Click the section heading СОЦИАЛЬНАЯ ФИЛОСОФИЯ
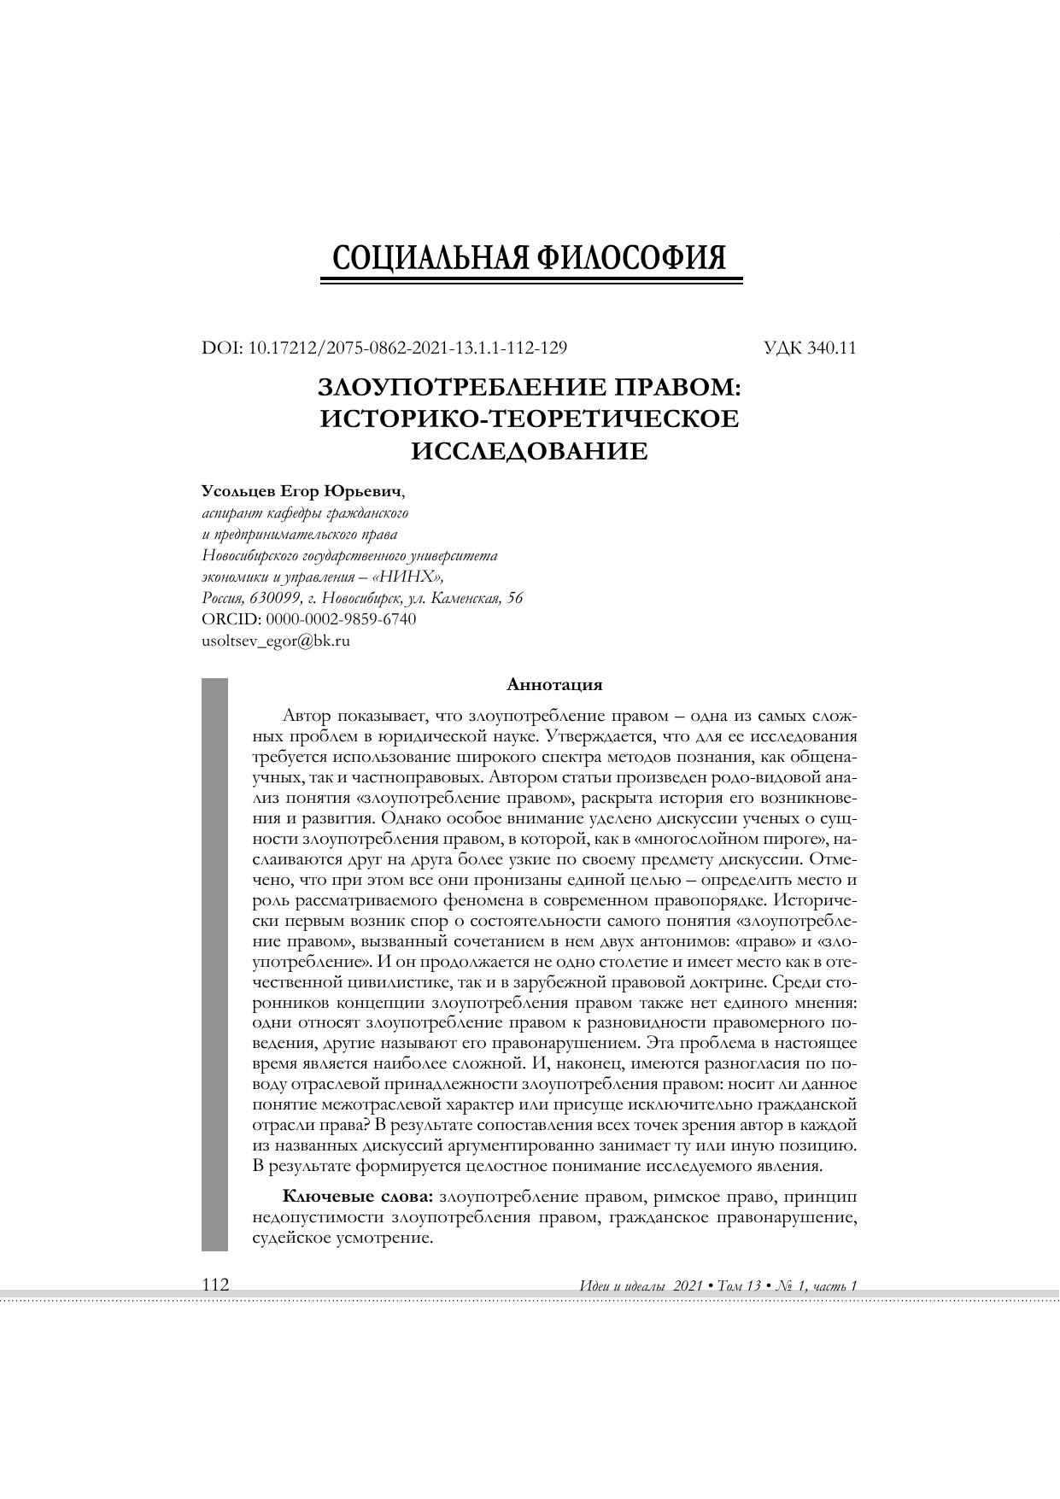click(x=530, y=257)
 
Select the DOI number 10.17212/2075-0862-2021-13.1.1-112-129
click(x=407, y=348)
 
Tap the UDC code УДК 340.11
click(x=810, y=348)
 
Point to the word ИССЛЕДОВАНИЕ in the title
click(x=530, y=451)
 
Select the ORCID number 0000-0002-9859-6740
click(x=342, y=619)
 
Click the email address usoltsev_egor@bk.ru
click(x=276, y=641)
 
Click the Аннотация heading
click(x=554, y=685)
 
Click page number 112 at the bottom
click(x=215, y=1285)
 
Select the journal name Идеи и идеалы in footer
click(x=621, y=1285)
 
